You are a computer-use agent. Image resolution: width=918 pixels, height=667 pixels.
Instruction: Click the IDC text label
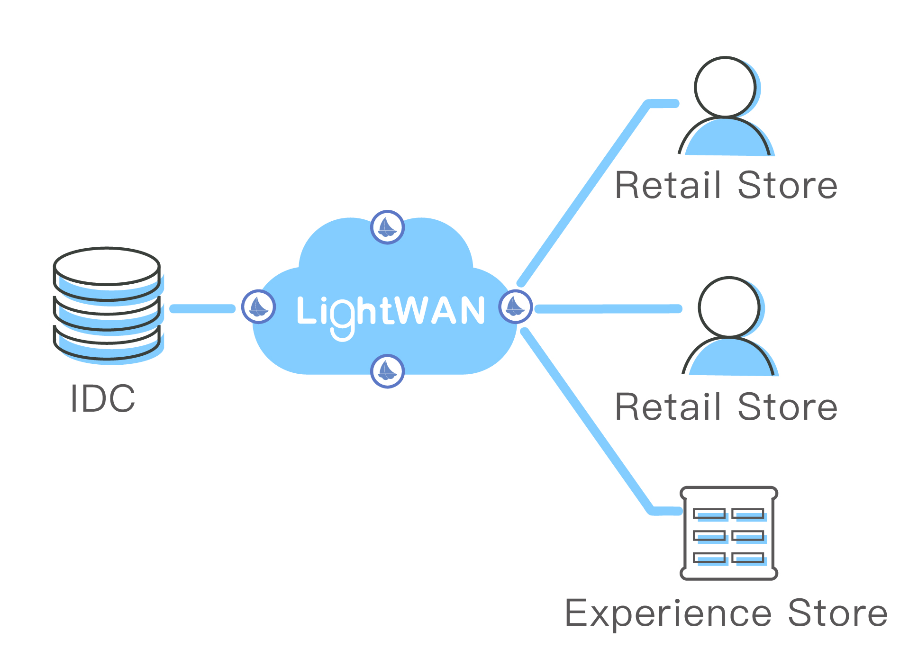[103, 398]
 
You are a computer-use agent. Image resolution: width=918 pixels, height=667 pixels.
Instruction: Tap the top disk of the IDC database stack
[107, 267]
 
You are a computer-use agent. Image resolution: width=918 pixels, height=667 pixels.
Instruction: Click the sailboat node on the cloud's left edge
[258, 307]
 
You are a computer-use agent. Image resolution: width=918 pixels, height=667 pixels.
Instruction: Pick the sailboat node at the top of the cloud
[387, 227]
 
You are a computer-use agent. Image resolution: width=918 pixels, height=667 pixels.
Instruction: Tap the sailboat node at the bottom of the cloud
[387, 371]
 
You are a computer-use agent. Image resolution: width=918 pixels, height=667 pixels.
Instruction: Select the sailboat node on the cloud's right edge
[515, 307]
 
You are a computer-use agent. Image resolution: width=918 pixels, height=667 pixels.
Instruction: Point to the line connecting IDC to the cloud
[202, 309]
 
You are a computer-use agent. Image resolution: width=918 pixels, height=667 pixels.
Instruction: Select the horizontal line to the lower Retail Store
[608, 309]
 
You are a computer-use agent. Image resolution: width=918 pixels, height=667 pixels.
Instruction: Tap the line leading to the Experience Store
[588, 422]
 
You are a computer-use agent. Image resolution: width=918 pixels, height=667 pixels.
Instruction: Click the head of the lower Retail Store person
[728, 307]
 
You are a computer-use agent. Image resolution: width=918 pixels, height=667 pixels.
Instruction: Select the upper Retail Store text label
[726, 185]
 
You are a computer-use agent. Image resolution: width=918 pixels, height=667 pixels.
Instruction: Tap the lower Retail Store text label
[726, 407]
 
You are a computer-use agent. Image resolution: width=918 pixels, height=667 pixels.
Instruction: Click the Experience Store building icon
[728, 533]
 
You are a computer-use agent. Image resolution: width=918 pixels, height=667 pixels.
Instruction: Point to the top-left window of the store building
[709, 514]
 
